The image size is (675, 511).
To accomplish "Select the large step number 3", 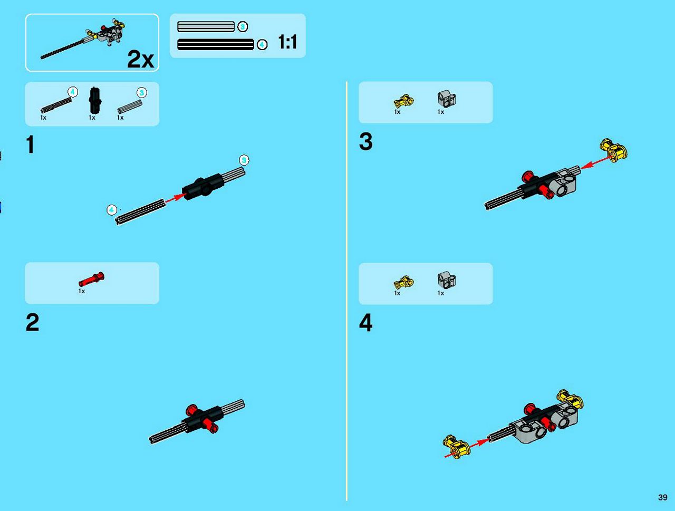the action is (365, 141).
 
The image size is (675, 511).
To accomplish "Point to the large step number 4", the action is (365, 323).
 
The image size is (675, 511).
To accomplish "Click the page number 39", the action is (663, 497).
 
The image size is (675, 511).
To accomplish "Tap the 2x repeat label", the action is (140, 59).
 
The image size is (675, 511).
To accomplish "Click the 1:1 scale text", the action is (287, 42).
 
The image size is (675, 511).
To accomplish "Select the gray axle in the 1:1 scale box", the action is (206, 26).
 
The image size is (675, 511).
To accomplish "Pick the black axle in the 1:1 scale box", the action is (216, 45).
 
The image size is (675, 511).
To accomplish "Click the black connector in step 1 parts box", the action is (95, 101).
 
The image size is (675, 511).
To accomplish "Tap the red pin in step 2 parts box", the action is (91, 279).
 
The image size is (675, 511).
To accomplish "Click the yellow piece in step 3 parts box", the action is (404, 101).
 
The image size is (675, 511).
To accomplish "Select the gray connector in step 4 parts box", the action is (447, 280).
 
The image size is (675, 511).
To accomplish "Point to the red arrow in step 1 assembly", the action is (175, 198).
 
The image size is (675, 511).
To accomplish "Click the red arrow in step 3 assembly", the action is (596, 162).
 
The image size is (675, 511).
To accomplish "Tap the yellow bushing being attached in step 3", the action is (614, 150).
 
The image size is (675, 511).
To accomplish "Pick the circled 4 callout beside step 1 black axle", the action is (112, 210).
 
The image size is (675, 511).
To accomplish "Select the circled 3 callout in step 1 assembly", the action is (244, 160).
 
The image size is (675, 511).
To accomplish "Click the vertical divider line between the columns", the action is (346, 291).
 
